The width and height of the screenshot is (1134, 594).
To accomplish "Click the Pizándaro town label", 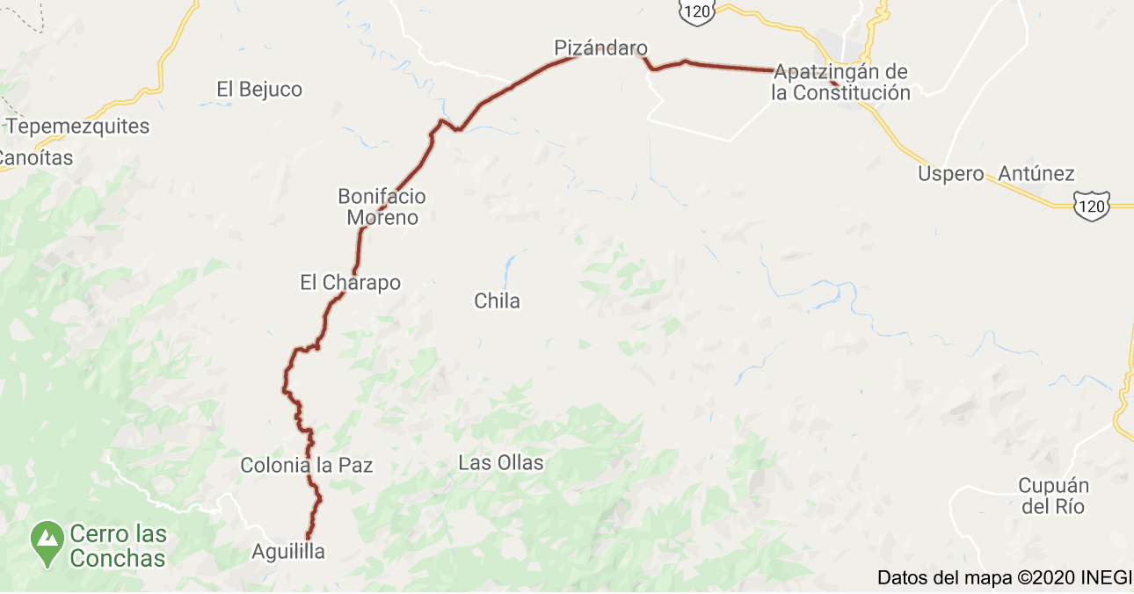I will click(600, 47).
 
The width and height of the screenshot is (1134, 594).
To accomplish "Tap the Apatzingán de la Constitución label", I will click(840, 83).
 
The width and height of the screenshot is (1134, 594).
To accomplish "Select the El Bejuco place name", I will click(259, 89).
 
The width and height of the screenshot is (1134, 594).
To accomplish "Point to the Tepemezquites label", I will click(78, 126).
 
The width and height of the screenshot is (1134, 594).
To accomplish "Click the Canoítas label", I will click(35, 158).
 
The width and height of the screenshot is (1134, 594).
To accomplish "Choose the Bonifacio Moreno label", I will click(382, 206).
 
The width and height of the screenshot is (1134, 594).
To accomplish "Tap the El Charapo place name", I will click(350, 282).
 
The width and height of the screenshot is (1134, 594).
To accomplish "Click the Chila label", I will click(497, 301).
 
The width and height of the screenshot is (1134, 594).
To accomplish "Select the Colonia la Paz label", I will click(306, 465).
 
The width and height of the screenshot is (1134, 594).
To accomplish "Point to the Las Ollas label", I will click(501, 462).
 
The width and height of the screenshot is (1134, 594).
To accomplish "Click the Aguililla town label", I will click(288, 552).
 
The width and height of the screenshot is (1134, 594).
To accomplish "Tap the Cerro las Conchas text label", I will click(118, 546).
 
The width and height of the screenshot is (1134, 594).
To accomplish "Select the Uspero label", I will click(950, 174).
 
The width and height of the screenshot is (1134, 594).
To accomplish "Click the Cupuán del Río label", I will click(1053, 496).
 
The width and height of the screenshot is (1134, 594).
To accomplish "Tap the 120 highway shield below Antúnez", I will click(1092, 205).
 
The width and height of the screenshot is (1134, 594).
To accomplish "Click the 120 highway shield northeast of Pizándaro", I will click(696, 11).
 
